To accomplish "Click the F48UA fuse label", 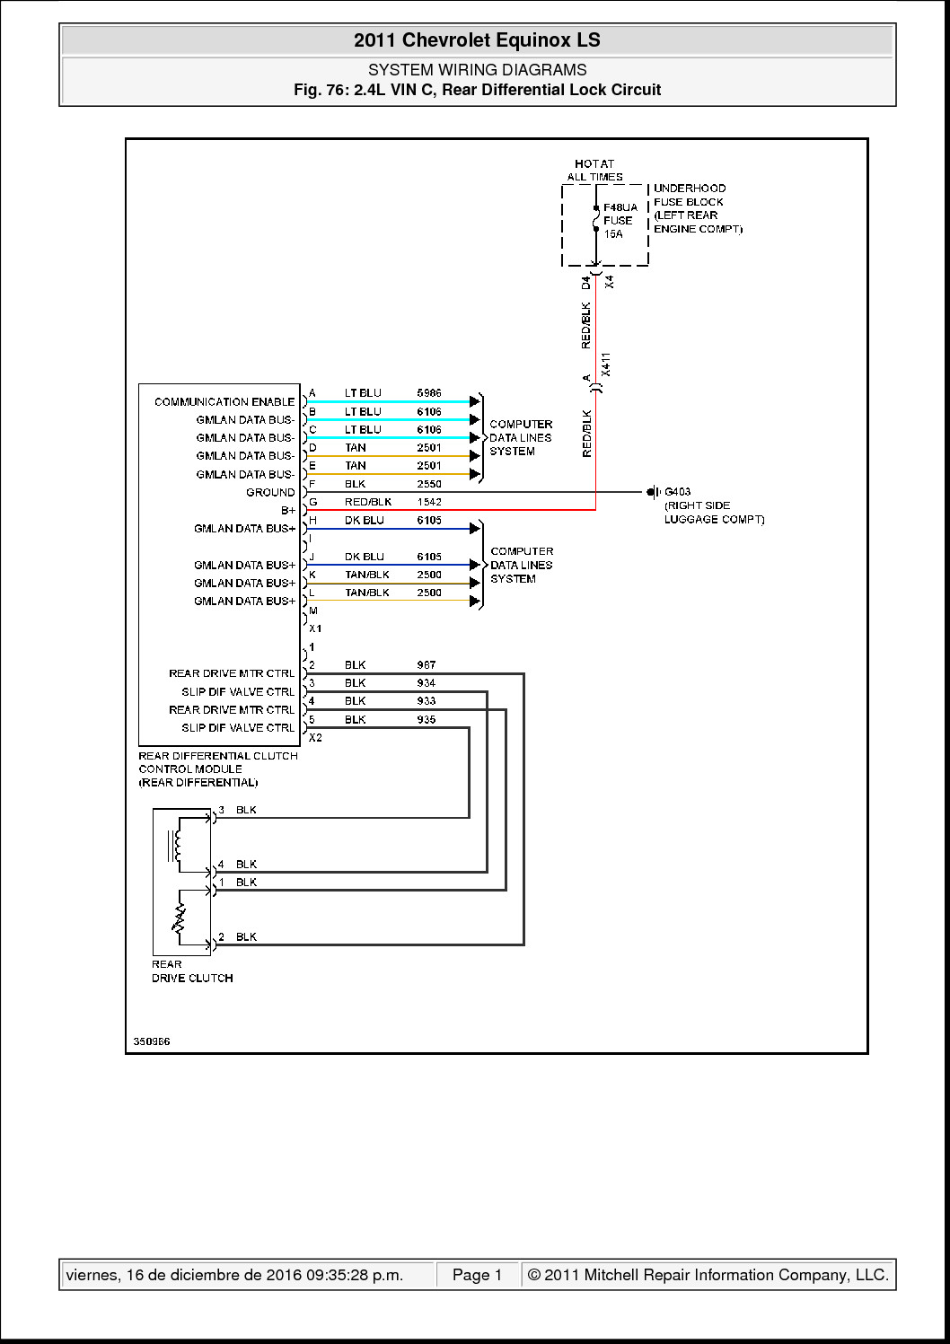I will [x=620, y=207].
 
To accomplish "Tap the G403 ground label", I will [x=677, y=492].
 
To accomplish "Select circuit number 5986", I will [x=429, y=393].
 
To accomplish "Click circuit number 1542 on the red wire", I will [x=429, y=502].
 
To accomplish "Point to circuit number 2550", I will [x=429, y=484].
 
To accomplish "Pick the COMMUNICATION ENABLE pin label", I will [x=224, y=402].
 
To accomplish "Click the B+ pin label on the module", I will [x=287, y=511].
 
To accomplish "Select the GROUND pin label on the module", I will [x=270, y=493].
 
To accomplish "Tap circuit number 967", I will [x=427, y=665].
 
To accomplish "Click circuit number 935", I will [x=427, y=720].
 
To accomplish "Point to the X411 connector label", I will [x=606, y=364].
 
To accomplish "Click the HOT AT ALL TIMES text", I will [x=594, y=171].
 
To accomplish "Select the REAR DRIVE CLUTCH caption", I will [x=191, y=971].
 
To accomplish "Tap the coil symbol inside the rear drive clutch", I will [x=177, y=845].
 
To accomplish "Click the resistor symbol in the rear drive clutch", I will [x=180, y=918].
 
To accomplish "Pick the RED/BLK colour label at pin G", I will [x=368, y=502].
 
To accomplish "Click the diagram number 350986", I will [x=152, y=1042].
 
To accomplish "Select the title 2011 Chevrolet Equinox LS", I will [x=477, y=40].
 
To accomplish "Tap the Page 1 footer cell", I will [x=477, y=1275].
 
